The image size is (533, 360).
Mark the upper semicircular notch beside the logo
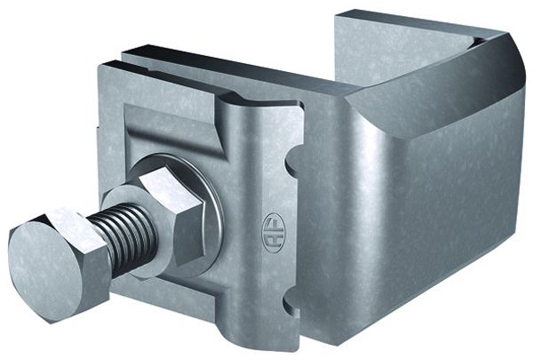click(x=290, y=164)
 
